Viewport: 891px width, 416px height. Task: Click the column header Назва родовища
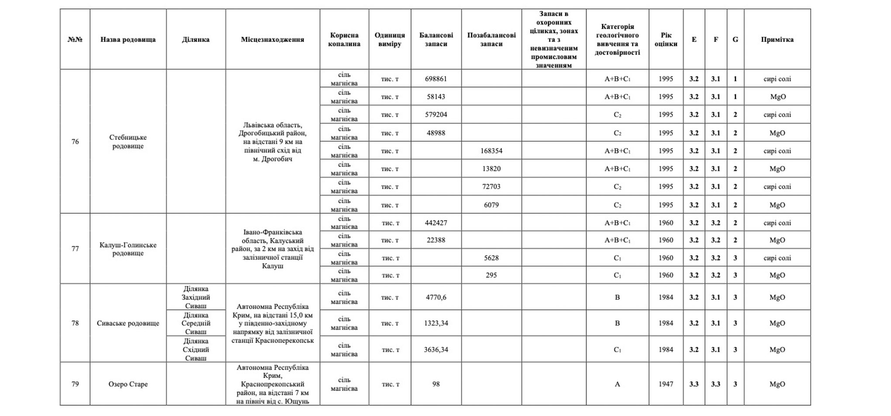(128, 39)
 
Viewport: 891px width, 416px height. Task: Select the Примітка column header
(777, 39)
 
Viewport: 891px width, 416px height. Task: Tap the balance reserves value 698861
(436, 79)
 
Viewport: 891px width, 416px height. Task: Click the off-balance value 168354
(491, 151)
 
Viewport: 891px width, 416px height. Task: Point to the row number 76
(75, 142)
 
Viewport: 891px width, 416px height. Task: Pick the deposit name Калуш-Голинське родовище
(128, 249)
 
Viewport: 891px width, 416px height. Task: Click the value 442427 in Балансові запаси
(436, 223)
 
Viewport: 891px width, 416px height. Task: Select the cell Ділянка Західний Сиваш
(196, 297)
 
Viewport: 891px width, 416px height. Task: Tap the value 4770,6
(436, 298)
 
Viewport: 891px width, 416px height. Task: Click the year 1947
(666, 384)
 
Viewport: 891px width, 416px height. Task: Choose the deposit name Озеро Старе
(128, 384)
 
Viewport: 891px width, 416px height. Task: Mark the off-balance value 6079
(491, 205)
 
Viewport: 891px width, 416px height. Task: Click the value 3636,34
(436, 350)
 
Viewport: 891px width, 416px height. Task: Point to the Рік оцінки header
(666, 39)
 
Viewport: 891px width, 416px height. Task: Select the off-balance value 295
(491, 275)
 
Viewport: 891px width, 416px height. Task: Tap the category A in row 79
(617, 384)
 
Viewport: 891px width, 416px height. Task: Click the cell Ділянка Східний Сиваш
(196, 350)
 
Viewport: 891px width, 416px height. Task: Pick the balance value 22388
(436, 240)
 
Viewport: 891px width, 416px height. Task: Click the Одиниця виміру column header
(390, 39)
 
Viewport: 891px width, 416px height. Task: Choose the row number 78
(75, 323)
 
